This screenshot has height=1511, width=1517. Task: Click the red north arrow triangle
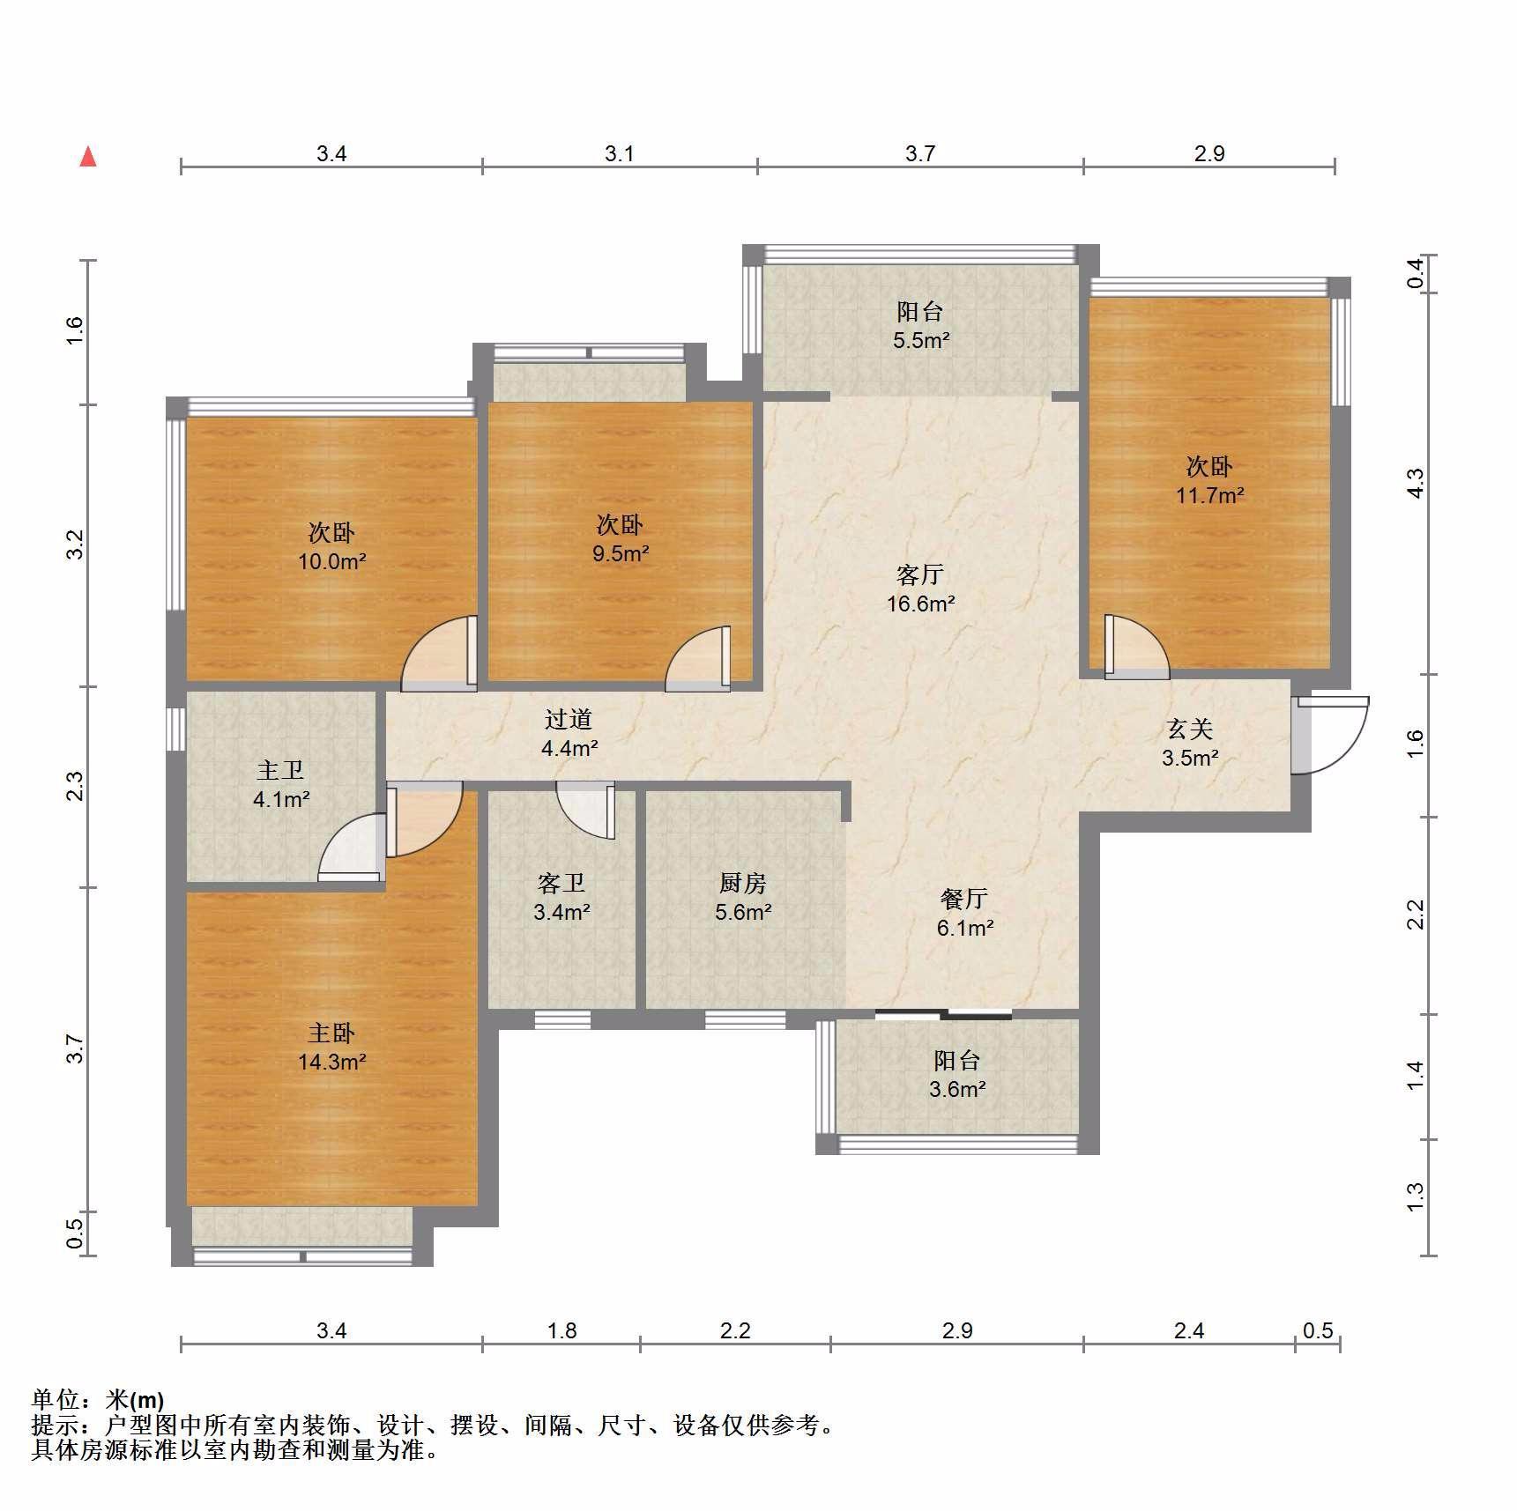[x=88, y=157]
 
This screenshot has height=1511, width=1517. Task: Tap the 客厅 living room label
[x=920, y=575]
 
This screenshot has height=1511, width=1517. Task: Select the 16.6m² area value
[x=921, y=604]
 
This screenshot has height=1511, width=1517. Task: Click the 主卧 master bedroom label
[x=331, y=1033]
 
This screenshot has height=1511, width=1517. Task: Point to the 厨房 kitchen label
[x=743, y=883]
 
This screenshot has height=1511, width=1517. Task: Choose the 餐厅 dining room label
[x=963, y=899]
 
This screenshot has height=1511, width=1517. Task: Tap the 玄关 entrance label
[x=1190, y=729]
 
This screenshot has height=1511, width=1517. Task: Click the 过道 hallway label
[x=569, y=719]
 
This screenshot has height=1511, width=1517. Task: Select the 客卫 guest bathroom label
[x=561, y=883]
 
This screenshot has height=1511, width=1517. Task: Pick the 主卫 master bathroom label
[x=280, y=771]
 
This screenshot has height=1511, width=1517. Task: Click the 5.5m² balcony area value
[x=921, y=340]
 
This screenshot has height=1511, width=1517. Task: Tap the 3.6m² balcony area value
[x=957, y=1090]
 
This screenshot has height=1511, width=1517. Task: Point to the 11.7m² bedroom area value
[x=1210, y=495]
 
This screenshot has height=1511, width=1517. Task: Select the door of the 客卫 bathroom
[x=585, y=811]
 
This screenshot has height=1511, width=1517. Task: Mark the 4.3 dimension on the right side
[x=1415, y=483]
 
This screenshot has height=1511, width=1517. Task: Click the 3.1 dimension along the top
[x=620, y=154]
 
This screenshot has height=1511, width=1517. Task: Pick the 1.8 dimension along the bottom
[x=562, y=1330]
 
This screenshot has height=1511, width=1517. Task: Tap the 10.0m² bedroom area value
[x=332, y=561]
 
